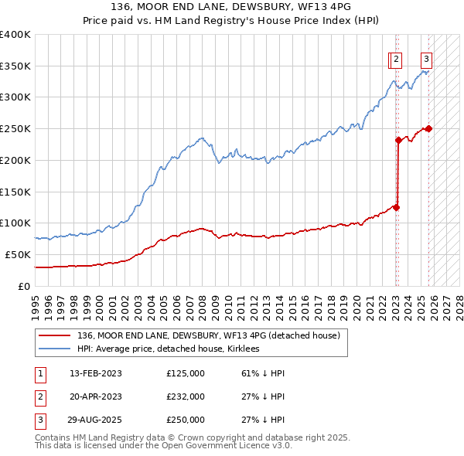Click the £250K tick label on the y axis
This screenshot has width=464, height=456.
[15, 128]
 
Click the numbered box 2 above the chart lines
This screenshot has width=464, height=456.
[396, 59]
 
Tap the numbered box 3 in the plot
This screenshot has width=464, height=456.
[426, 59]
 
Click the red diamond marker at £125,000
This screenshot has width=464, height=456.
[396, 207]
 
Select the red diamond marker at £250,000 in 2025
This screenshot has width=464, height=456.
[428, 128]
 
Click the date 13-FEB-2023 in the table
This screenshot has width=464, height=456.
[96, 373]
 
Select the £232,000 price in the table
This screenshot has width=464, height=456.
[186, 396]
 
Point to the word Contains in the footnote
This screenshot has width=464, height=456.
[53, 437]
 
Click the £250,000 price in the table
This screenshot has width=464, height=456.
[186, 420]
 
